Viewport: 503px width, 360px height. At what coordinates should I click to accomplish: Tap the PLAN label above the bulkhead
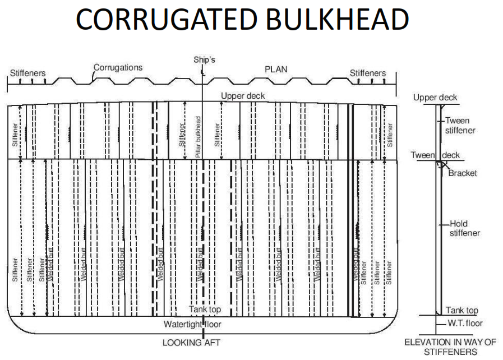pos(276,69)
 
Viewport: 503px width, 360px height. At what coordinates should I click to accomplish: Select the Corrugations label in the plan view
pos(118,67)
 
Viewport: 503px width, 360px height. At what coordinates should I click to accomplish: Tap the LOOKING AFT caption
pos(195,341)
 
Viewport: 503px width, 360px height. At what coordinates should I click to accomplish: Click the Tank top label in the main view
pos(209,309)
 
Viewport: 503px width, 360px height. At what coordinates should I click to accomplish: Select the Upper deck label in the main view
pos(243,96)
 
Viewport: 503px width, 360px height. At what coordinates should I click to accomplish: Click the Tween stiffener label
pos(457,125)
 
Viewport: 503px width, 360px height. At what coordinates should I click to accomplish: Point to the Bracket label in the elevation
pos(463,173)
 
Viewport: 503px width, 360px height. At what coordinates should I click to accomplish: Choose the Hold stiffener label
pos(465,228)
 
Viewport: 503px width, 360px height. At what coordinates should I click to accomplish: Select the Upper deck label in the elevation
pos(435,98)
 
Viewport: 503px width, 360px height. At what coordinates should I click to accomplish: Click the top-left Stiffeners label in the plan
pos(27,73)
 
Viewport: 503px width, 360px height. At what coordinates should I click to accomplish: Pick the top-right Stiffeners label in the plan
pos(368,73)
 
